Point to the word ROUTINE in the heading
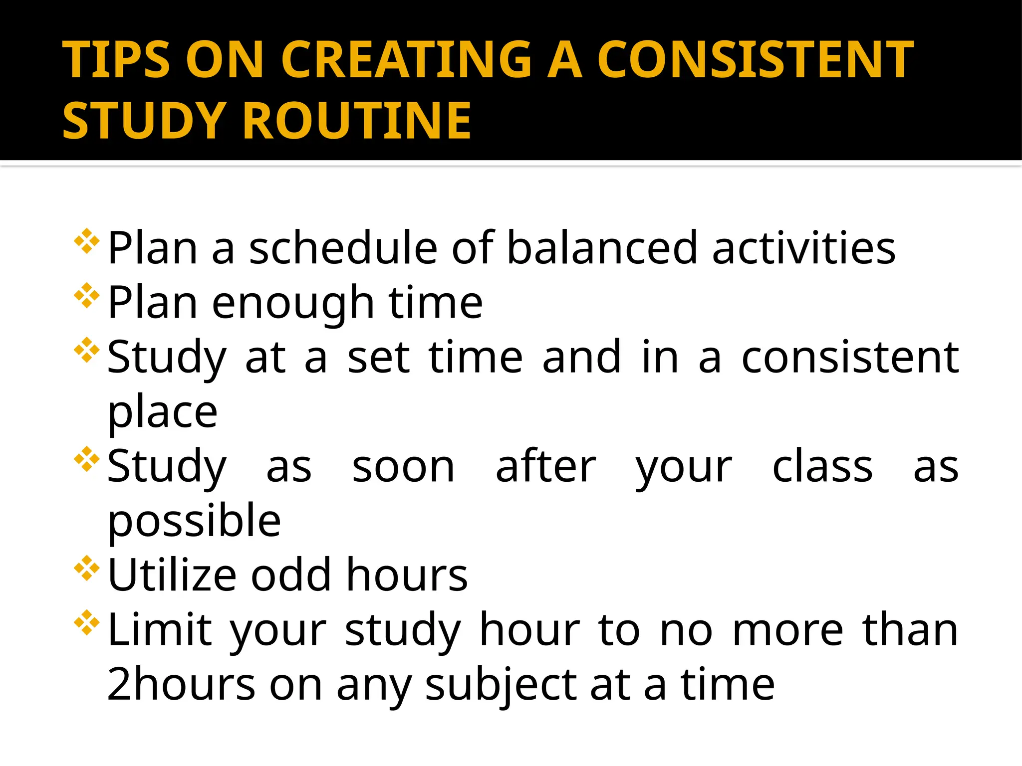[357, 120]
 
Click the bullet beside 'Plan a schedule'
[87, 241]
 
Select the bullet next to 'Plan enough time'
[87, 295]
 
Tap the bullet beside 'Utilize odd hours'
[87, 568]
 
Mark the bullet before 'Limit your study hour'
[87, 622]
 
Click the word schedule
[343, 248]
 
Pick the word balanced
[602, 248]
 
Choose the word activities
[804, 248]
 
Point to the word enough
[293, 303]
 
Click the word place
[163, 412]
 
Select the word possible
[194, 521]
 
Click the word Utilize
[172, 575]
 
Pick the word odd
[291, 575]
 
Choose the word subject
[500, 685]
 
